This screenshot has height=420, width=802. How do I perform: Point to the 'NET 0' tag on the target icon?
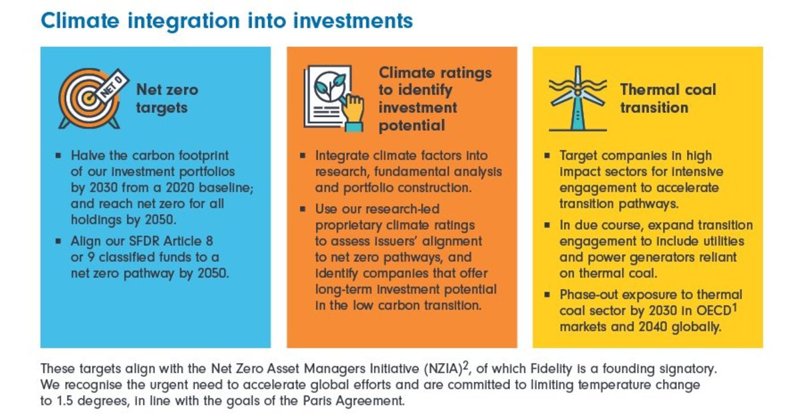[112, 84]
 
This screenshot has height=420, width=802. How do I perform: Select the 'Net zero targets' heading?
[167, 98]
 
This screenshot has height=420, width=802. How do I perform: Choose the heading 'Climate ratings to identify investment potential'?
[434, 98]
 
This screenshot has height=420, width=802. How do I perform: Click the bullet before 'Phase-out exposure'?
[546, 295]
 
